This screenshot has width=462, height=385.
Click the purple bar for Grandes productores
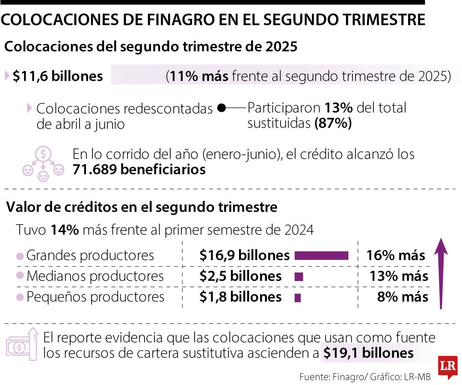click(x=322, y=255)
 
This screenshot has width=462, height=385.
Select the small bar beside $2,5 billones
click(x=299, y=277)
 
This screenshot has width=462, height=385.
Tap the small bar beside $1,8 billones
click(x=298, y=297)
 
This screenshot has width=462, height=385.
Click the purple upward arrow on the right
click(x=441, y=274)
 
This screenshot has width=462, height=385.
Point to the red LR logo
click(x=447, y=367)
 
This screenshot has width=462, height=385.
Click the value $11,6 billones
click(x=58, y=76)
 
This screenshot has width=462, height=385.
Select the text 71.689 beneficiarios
click(x=139, y=170)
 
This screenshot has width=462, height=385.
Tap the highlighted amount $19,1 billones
click(x=368, y=353)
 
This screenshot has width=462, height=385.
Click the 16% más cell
click(x=396, y=255)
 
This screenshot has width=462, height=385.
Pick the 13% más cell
click(x=399, y=276)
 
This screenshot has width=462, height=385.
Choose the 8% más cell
click(x=403, y=297)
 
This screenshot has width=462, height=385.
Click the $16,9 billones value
click(x=245, y=255)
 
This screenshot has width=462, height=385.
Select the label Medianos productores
click(x=95, y=276)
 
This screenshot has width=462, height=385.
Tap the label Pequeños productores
click(x=95, y=297)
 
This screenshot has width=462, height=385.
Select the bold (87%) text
click(x=333, y=124)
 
